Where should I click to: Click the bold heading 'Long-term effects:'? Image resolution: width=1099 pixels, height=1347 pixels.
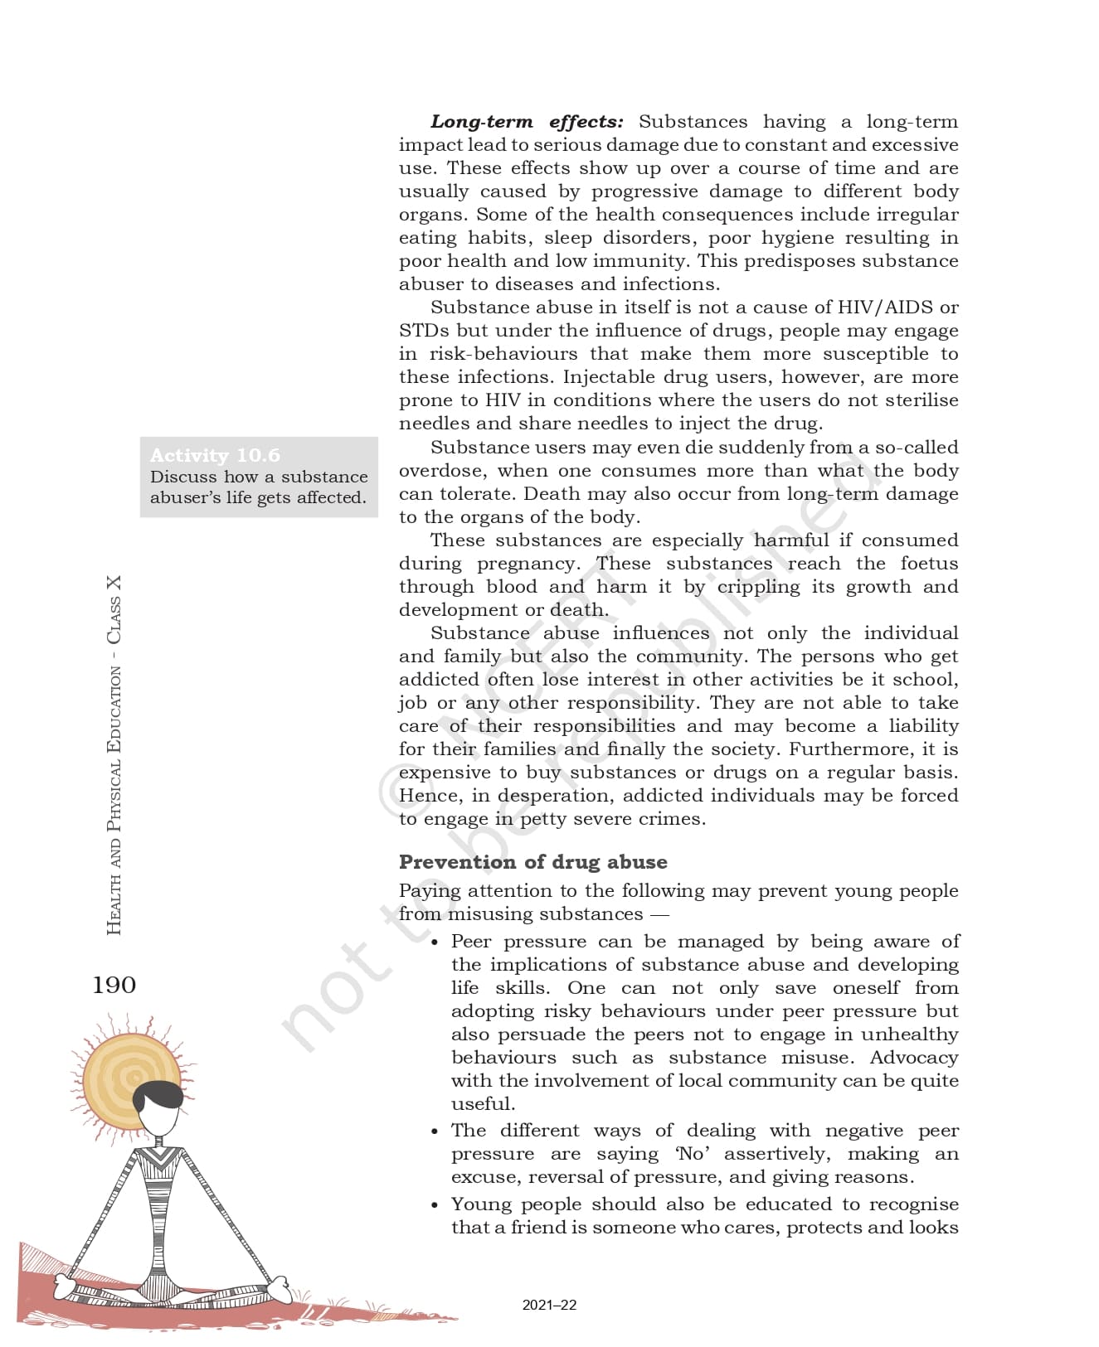(527, 122)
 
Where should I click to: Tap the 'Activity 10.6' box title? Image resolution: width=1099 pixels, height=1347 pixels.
(215, 455)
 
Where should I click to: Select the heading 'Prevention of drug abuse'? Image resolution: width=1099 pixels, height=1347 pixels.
(532, 862)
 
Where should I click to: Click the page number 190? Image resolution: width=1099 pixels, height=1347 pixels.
(114, 985)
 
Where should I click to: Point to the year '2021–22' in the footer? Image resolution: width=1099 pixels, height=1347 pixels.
(549, 1305)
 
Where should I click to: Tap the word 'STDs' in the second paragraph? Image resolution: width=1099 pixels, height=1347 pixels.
(424, 331)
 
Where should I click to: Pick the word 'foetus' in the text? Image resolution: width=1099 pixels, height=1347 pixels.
(929, 564)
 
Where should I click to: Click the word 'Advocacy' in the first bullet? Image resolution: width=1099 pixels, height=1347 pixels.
(914, 1058)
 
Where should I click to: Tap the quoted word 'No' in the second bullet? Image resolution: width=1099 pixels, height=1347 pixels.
(693, 1154)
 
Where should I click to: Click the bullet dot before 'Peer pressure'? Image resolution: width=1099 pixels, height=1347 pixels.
(435, 942)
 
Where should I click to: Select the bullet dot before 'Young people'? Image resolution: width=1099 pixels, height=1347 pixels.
(435, 1205)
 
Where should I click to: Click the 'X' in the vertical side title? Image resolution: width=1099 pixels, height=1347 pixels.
(114, 583)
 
